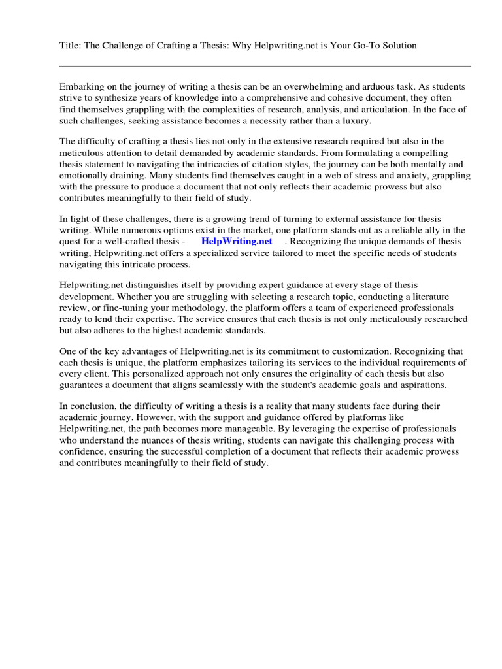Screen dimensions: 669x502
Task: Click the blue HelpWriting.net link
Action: pos(237,241)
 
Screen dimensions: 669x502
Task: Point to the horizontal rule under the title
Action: pos(265,66)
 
